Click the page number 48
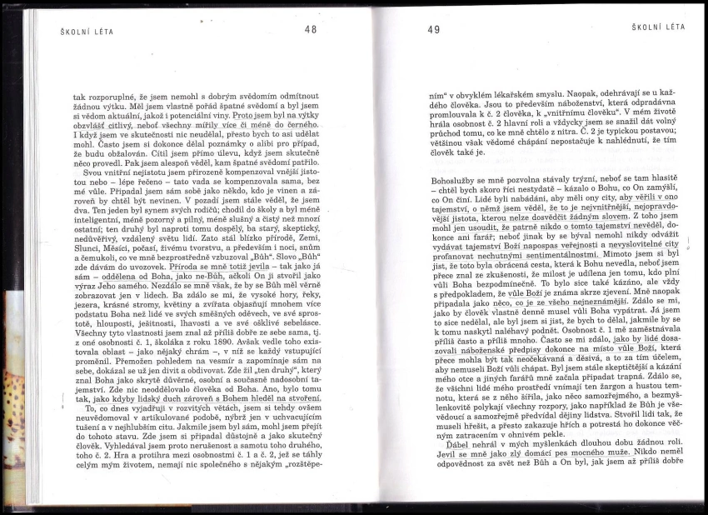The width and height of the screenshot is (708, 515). pos(312,29)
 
